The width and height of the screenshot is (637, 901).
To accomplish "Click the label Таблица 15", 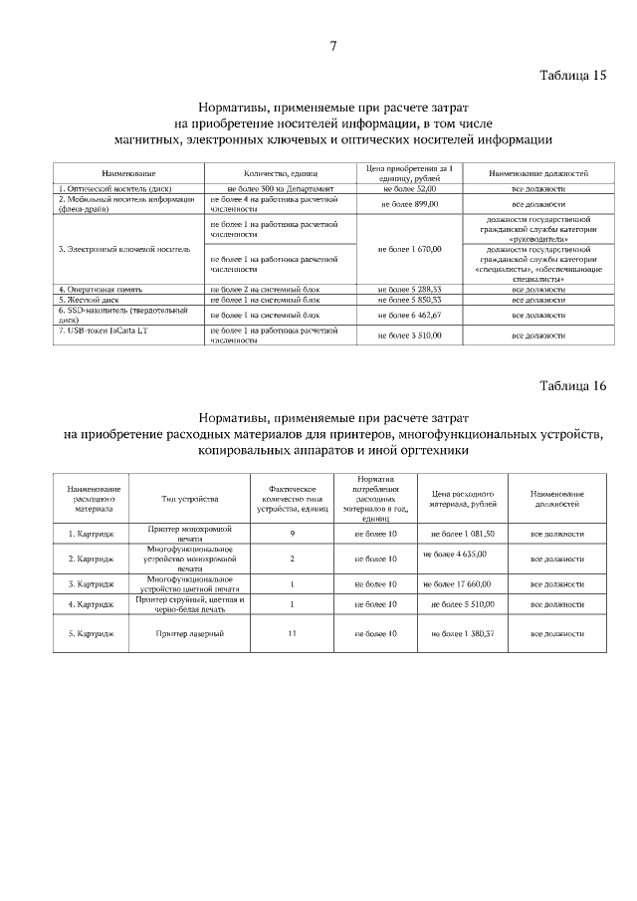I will coord(572,76).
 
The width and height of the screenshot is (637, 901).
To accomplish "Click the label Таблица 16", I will coord(572,386).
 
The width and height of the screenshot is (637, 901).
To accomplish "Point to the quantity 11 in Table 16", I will coord(292,633).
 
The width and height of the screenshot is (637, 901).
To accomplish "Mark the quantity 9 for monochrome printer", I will coord(292,534).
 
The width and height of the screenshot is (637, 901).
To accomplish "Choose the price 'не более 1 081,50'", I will coord(461,534).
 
